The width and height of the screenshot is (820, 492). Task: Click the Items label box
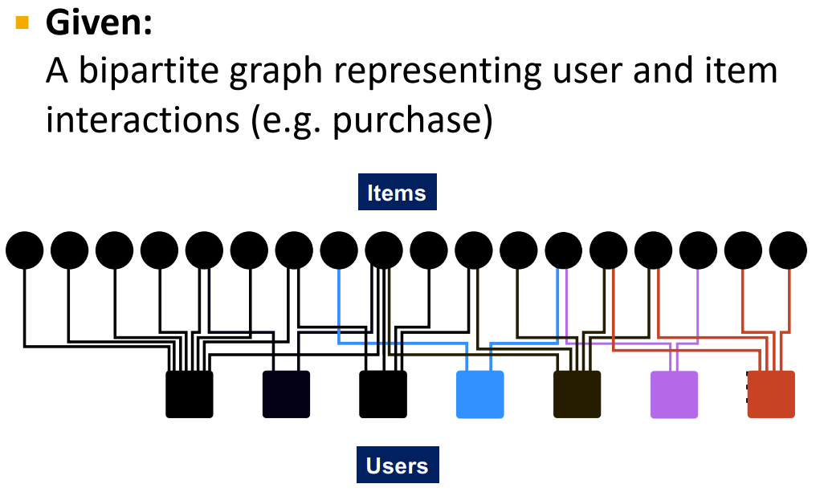pyautogui.click(x=397, y=193)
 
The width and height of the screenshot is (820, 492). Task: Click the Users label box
pyautogui.click(x=398, y=466)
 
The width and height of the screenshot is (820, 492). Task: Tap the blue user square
pyautogui.click(x=480, y=394)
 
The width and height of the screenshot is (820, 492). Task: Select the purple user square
pyautogui.click(x=674, y=394)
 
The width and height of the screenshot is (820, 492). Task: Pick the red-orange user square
pyautogui.click(x=771, y=394)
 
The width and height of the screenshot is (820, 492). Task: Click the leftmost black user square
pyautogui.click(x=190, y=394)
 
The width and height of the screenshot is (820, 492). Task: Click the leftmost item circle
pyautogui.click(x=25, y=251)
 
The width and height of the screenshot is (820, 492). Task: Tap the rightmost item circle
pyautogui.click(x=788, y=251)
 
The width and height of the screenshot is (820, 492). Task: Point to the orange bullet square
pyautogui.click(x=22, y=22)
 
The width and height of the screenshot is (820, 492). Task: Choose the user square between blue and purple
pyautogui.click(x=577, y=394)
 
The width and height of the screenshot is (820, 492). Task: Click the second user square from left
pyautogui.click(x=286, y=394)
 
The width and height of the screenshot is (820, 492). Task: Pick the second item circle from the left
pyautogui.click(x=70, y=251)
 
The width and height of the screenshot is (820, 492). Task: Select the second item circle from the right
pyautogui.click(x=743, y=251)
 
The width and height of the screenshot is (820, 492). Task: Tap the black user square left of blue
pyautogui.click(x=383, y=394)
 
